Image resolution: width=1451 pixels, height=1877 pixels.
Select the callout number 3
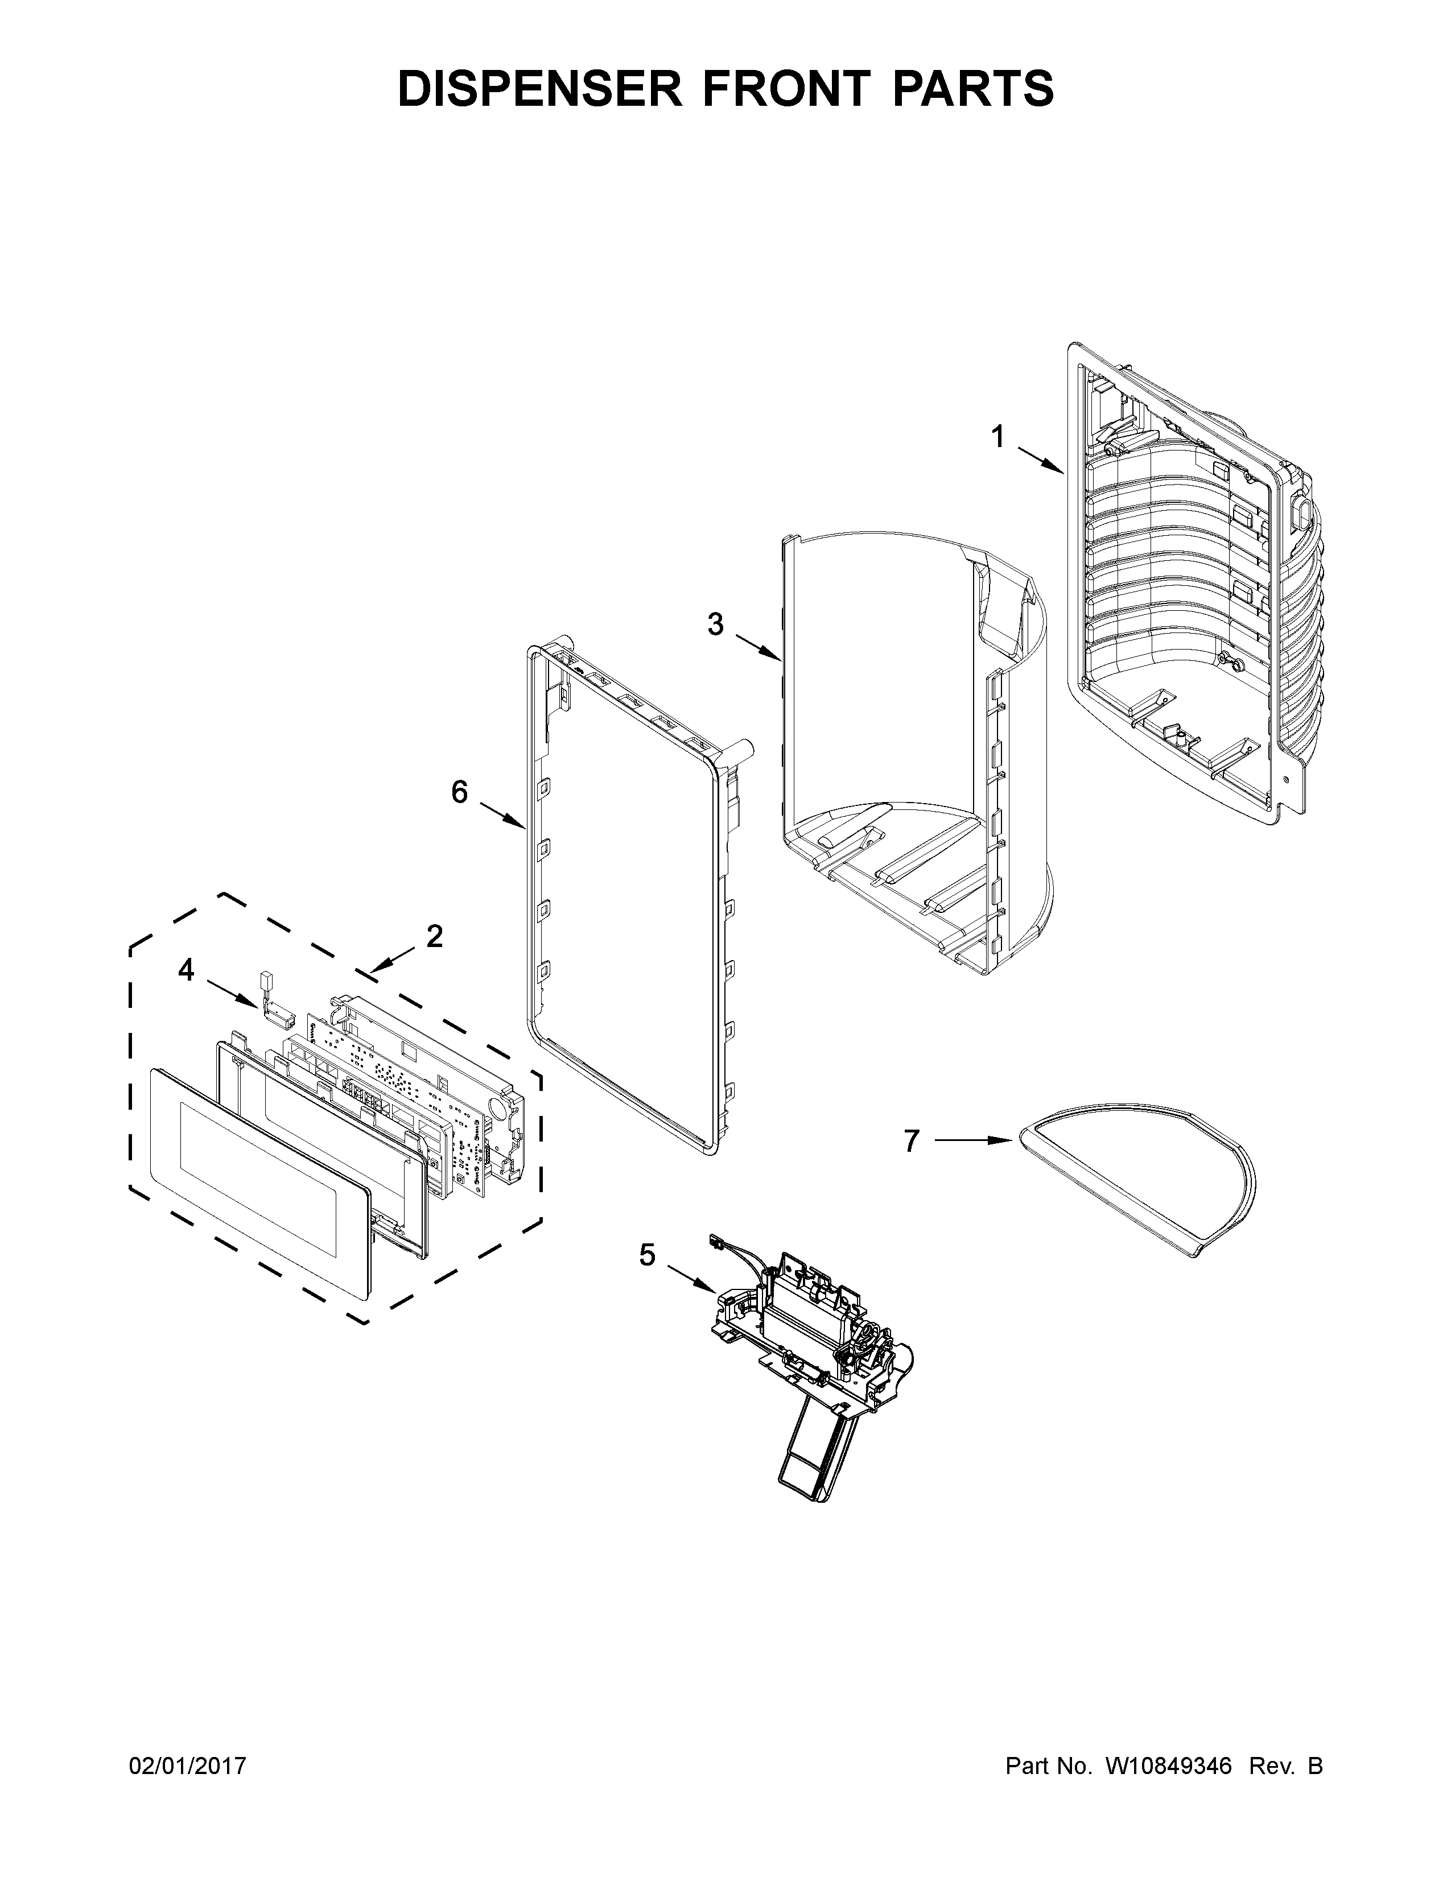pyautogui.click(x=715, y=625)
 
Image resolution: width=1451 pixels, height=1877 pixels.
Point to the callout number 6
pyautogui.click(x=460, y=792)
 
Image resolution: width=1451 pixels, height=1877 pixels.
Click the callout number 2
pyautogui.click(x=435, y=936)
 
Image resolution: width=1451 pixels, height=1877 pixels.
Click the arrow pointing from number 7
pyautogui.click(x=971, y=1140)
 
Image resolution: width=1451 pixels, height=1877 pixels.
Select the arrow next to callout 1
pyautogui.click(x=1041, y=460)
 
